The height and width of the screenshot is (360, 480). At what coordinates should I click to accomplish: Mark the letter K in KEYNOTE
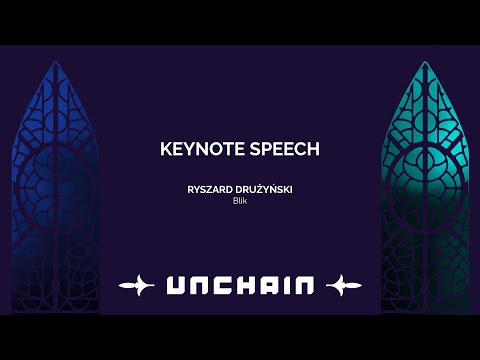click(166, 148)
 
